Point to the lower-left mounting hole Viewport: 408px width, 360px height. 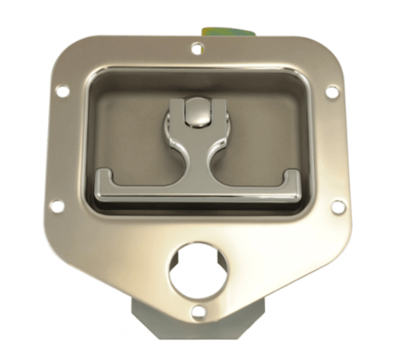pyautogui.click(x=56, y=205)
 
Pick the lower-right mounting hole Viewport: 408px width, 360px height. pyautogui.click(x=338, y=206)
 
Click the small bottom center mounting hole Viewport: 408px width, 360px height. pyautogui.click(x=197, y=311)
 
